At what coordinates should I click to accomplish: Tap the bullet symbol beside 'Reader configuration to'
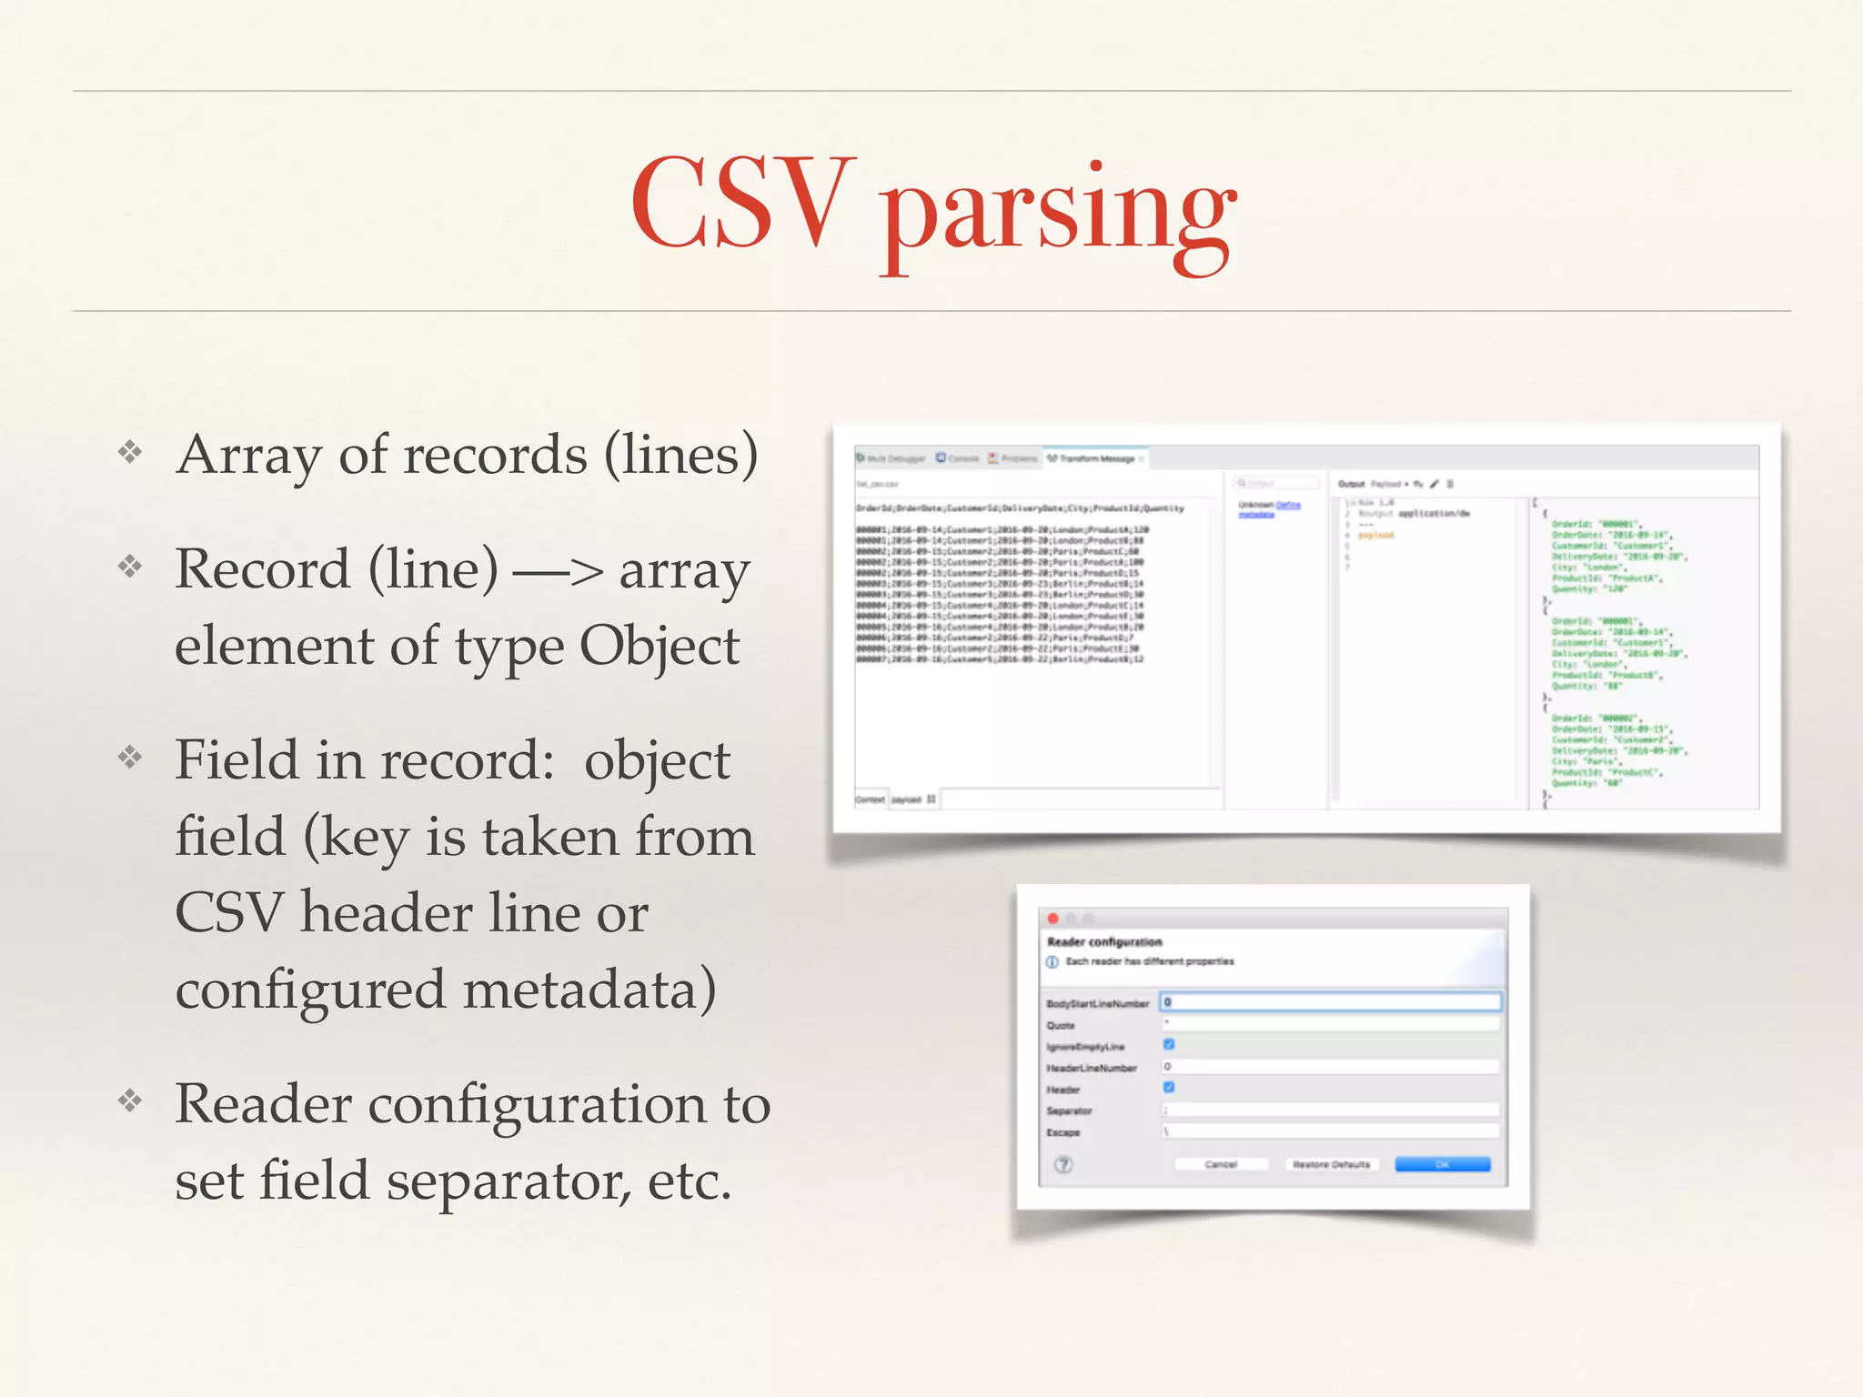coord(130,1101)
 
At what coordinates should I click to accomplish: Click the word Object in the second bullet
coord(660,647)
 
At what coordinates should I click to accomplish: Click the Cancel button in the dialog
coord(1220,1164)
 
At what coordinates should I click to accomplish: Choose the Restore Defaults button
coord(1331,1164)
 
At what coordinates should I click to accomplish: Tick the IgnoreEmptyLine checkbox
coord(1169,1045)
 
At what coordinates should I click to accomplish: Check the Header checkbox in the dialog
coord(1169,1088)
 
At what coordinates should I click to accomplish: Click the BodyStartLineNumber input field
coord(1330,1002)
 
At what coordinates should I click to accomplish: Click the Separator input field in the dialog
coord(1330,1110)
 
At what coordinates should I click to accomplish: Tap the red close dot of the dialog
coord(1053,919)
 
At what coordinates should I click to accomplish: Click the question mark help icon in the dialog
coord(1063,1164)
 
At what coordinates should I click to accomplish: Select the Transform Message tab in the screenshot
coord(1095,458)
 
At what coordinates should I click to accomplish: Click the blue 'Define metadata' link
coord(1287,505)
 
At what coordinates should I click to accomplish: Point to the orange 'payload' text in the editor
coord(1375,536)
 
